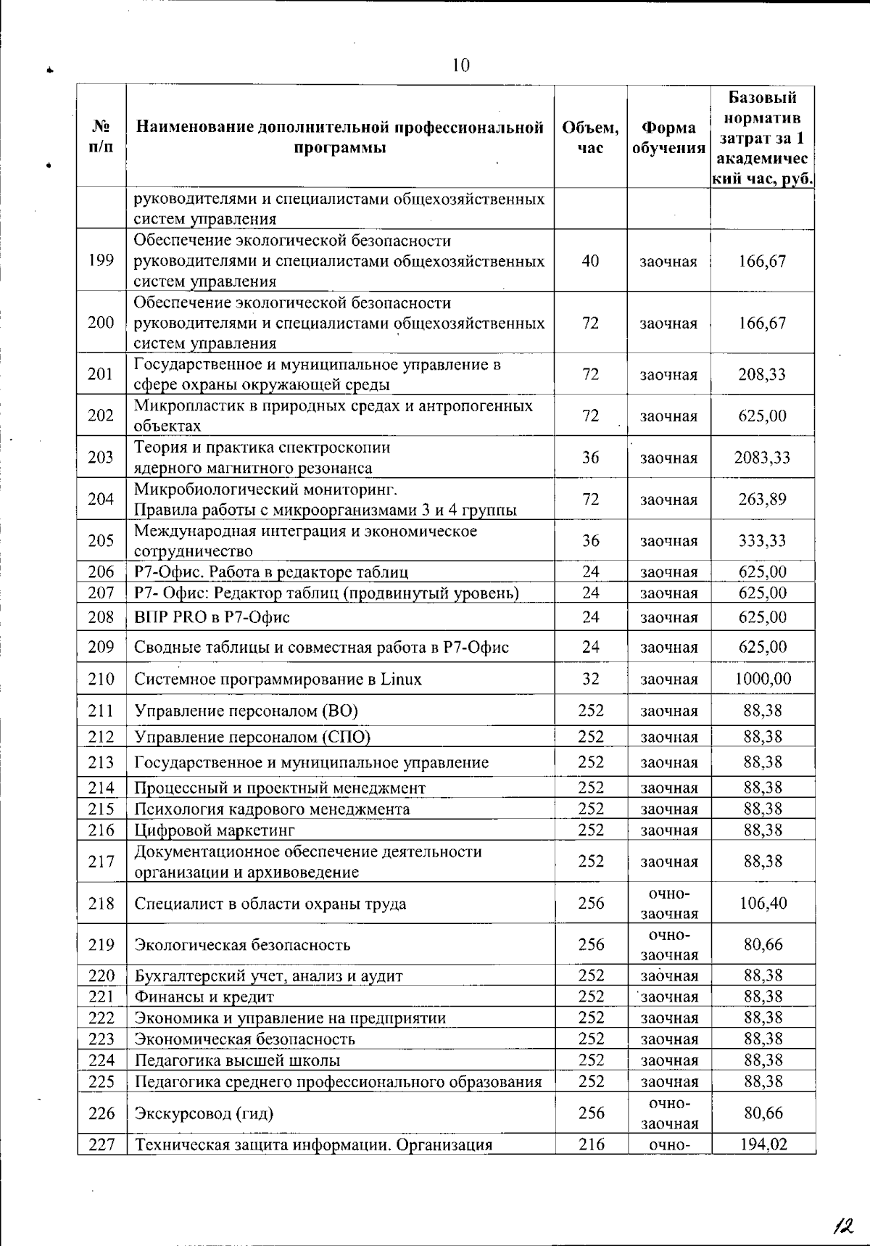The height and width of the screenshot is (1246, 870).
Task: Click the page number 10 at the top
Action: tap(461, 65)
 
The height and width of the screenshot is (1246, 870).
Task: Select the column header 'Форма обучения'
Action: tap(668, 138)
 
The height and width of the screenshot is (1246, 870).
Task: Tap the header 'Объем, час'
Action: tap(591, 138)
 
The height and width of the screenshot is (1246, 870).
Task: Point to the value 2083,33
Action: tap(762, 458)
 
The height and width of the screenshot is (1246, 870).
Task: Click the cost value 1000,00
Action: tap(762, 679)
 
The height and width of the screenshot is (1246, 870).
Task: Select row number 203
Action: tap(101, 458)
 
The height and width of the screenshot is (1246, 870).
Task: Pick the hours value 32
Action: tap(591, 679)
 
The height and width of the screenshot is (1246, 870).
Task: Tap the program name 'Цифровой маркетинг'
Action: tap(215, 830)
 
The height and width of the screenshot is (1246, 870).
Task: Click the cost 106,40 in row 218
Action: tap(763, 903)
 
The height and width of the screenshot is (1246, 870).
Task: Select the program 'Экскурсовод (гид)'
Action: tap(204, 1113)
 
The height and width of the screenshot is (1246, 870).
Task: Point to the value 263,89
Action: tap(762, 499)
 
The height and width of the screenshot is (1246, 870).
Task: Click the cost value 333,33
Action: tap(762, 540)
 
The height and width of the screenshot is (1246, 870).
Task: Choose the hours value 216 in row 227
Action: tap(591, 1144)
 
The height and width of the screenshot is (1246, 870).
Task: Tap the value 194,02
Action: tap(763, 1144)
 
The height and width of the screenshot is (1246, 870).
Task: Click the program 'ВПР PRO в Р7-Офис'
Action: tap(212, 617)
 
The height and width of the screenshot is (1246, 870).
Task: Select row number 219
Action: tap(101, 944)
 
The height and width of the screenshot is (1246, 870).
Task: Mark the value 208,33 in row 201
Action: tap(762, 374)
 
